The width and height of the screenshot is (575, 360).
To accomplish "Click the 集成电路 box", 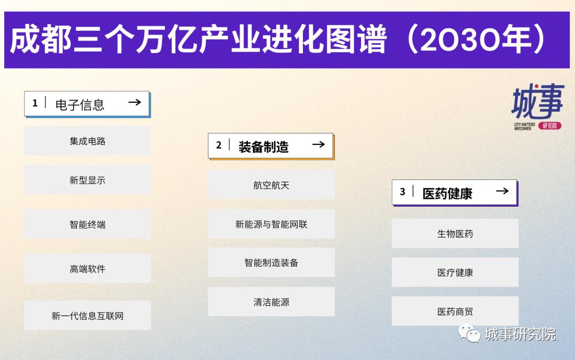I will [x=87, y=141].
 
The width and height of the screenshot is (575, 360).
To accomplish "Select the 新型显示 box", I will [x=87, y=180].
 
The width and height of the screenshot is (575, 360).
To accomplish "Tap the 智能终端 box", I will [x=87, y=224].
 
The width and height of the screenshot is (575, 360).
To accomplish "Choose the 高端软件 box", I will [x=87, y=268].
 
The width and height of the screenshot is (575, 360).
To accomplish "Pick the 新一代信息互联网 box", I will [x=87, y=315].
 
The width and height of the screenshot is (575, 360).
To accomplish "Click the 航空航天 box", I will [x=271, y=185].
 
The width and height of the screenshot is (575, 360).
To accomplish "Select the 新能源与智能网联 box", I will [x=271, y=224].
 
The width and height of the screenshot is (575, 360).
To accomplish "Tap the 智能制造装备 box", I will [x=271, y=263].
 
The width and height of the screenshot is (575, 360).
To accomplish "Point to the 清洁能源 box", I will [x=271, y=302].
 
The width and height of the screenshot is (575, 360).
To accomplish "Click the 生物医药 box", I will [x=455, y=233].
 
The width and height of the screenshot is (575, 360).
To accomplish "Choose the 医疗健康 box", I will [x=455, y=272].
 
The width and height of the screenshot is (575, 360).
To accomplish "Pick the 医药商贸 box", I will [x=455, y=311].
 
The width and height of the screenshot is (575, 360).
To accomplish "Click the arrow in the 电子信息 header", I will [x=135, y=102].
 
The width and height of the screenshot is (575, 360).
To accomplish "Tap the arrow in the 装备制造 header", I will [x=318, y=144].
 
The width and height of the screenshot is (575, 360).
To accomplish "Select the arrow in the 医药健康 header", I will [x=502, y=191].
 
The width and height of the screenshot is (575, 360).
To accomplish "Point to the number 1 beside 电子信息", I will [x=35, y=103].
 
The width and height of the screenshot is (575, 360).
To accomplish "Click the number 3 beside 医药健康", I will [x=402, y=192].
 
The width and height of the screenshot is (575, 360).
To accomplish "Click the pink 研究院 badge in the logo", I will [x=549, y=126].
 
